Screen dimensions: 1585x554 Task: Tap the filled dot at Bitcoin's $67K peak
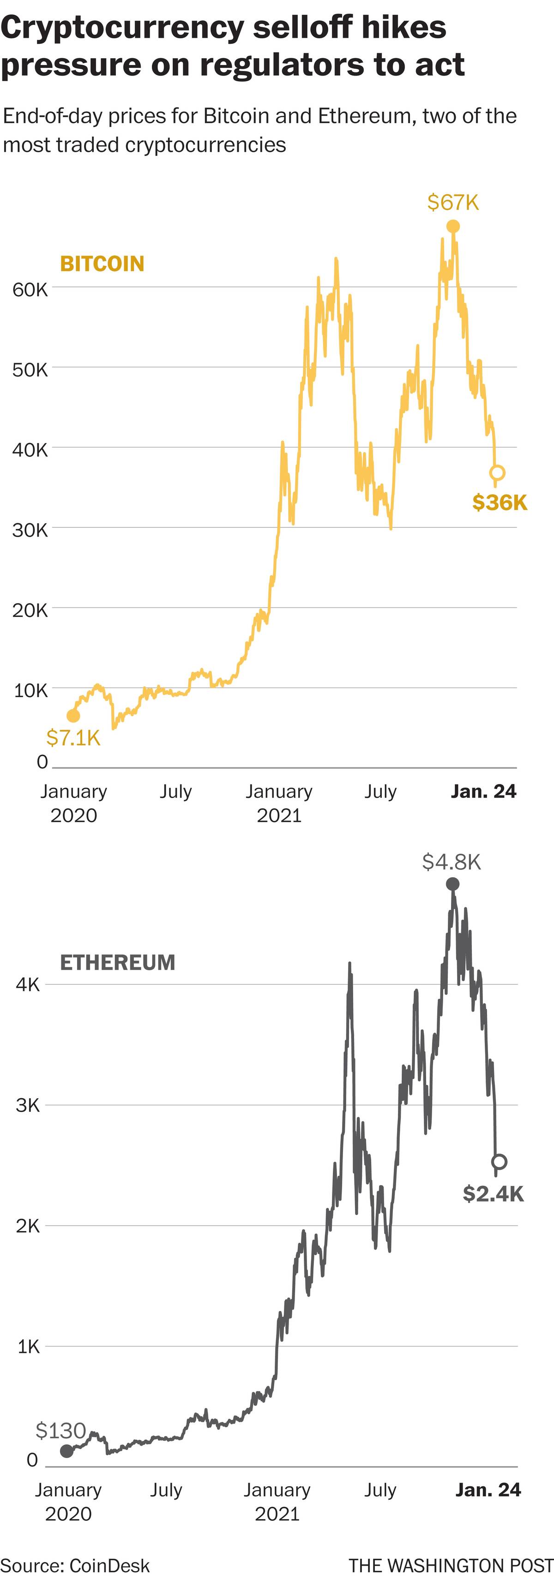[453, 227]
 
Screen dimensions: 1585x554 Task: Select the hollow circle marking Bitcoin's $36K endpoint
[497, 473]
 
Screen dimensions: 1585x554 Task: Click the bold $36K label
[500, 502]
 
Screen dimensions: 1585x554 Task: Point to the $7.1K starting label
[73, 737]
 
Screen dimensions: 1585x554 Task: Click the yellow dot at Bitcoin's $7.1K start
[73, 716]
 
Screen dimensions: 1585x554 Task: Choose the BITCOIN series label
[102, 264]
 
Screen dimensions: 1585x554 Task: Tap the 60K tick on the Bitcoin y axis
[30, 289]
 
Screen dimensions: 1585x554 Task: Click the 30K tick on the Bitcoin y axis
[30, 530]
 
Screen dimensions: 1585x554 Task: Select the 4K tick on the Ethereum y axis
[28, 985]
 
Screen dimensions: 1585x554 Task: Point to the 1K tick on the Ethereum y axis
[28, 1347]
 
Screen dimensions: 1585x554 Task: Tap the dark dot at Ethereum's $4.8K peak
[452, 884]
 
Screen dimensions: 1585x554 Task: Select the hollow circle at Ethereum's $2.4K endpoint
[499, 1162]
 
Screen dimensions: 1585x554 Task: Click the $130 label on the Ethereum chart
[60, 1430]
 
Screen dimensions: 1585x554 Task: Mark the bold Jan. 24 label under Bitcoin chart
[484, 791]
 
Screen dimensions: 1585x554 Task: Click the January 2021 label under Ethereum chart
[277, 1502]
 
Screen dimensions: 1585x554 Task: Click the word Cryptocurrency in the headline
[120, 28]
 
